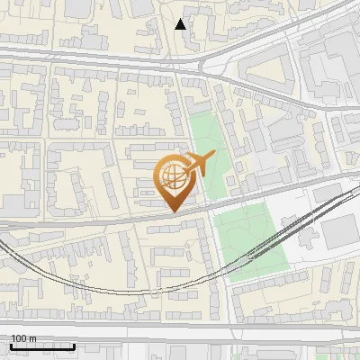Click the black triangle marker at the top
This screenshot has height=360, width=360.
[181, 24]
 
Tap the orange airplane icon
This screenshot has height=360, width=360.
[198, 165]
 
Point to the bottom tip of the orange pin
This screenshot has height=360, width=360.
[175, 212]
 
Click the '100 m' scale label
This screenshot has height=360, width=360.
[23, 338]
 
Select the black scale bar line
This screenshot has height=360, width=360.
[42, 346]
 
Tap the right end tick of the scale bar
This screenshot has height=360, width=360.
[75, 345]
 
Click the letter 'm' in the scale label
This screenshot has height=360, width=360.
[32, 338]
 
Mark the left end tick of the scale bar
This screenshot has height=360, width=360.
[10, 345]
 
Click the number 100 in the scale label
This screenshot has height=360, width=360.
[19, 338]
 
